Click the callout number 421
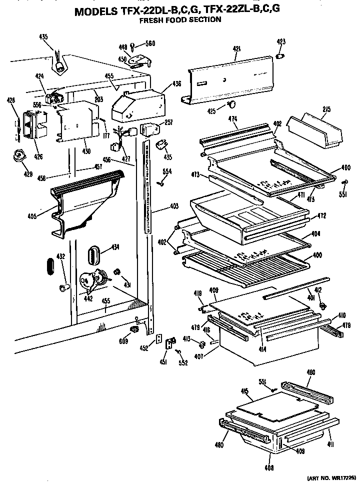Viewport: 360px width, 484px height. [236, 49]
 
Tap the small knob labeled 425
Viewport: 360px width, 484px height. [231, 104]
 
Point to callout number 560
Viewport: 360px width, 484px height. [149, 43]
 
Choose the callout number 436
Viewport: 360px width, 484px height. [176, 84]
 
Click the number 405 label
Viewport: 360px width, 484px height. [32, 216]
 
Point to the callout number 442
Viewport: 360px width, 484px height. [88, 298]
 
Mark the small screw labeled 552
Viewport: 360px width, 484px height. [179, 353]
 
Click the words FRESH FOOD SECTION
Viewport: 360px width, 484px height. [179, 20]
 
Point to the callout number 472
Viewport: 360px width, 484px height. [321, 215]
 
